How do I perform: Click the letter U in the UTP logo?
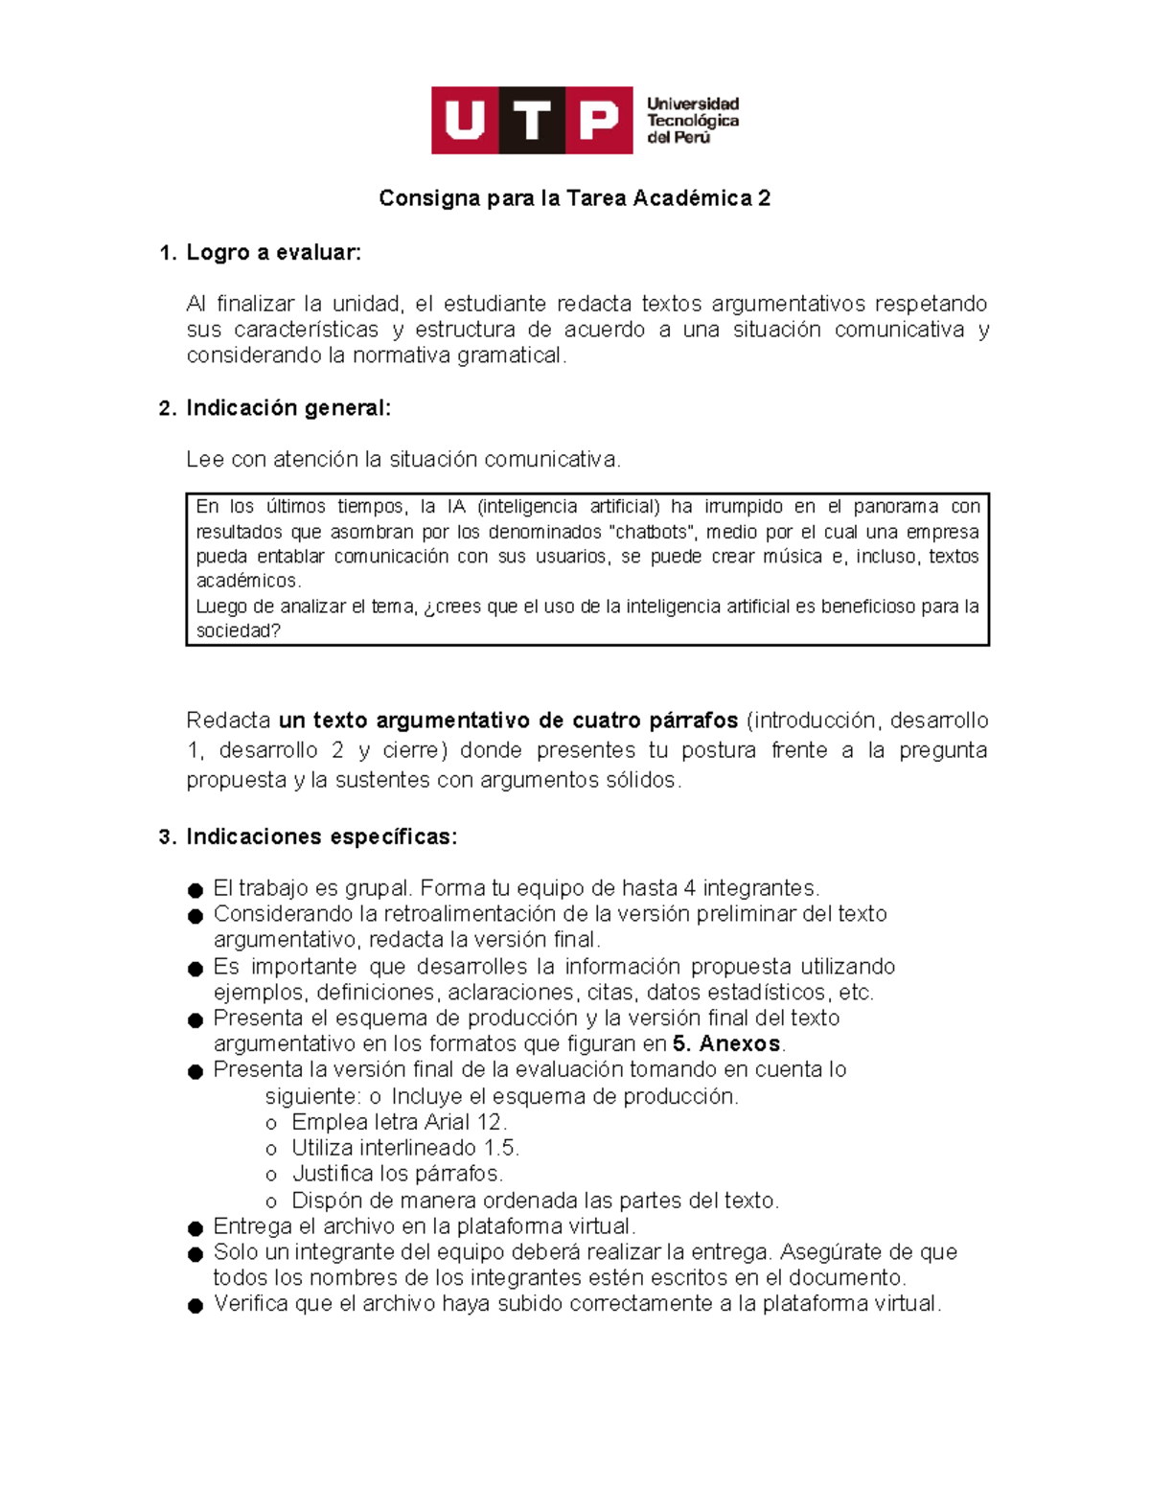point(465,121)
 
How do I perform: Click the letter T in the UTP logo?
point(532,121)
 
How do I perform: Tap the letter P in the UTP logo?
point(599,121)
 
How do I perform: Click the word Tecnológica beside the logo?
point(692,121)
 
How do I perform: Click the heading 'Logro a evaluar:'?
point(273,252)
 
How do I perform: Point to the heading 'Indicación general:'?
point(288,408)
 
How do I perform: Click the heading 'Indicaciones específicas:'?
point(321,836)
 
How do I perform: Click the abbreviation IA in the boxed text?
point(456,507)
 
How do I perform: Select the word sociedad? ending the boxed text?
point(238,630)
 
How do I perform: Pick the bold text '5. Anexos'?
point(727,1043)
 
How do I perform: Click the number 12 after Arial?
point(490,1122)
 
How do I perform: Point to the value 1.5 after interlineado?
point(500,1148)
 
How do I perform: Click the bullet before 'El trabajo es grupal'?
point(195,890)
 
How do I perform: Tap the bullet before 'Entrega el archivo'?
point(195,1228)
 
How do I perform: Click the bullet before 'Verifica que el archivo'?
point(195,1305)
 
